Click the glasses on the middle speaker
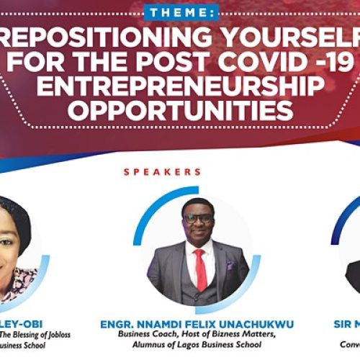pos(198,217)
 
